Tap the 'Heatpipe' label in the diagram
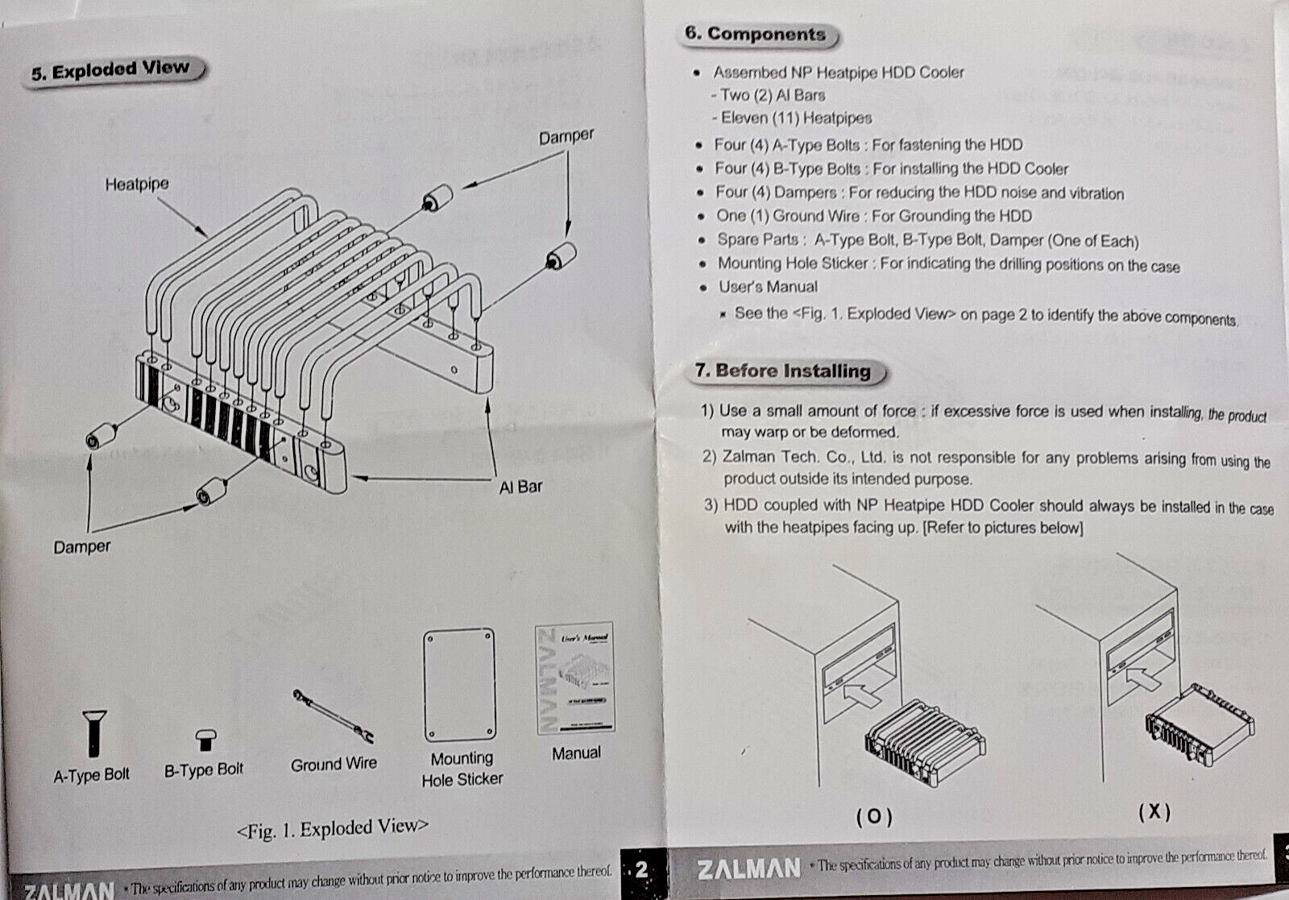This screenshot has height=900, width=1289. (137, 185)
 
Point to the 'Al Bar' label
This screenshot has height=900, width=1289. (520, 487)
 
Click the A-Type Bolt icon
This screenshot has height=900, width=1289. (94, 732)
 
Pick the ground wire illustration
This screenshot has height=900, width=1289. (332, 715)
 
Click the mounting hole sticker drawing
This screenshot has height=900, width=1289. (459, 686)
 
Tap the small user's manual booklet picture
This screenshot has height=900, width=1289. (574, 678)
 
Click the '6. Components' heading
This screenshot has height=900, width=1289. (755, 34)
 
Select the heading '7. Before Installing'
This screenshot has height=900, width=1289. (783, 371)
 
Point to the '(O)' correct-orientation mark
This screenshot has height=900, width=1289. (874, 816)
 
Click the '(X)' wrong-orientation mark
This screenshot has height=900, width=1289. (1154, 811)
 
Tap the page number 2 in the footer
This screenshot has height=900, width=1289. (641, 869)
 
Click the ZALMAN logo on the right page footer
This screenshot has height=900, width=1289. (748, 868)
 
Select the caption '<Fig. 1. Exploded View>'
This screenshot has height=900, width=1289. (332, 828)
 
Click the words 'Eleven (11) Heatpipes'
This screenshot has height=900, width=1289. (796, 118)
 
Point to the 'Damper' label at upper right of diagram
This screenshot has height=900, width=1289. (566, 137)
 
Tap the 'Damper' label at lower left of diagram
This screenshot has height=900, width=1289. (82, 547)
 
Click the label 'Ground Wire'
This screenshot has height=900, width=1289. (334, 764)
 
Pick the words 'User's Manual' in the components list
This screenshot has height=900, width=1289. (768, 287)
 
